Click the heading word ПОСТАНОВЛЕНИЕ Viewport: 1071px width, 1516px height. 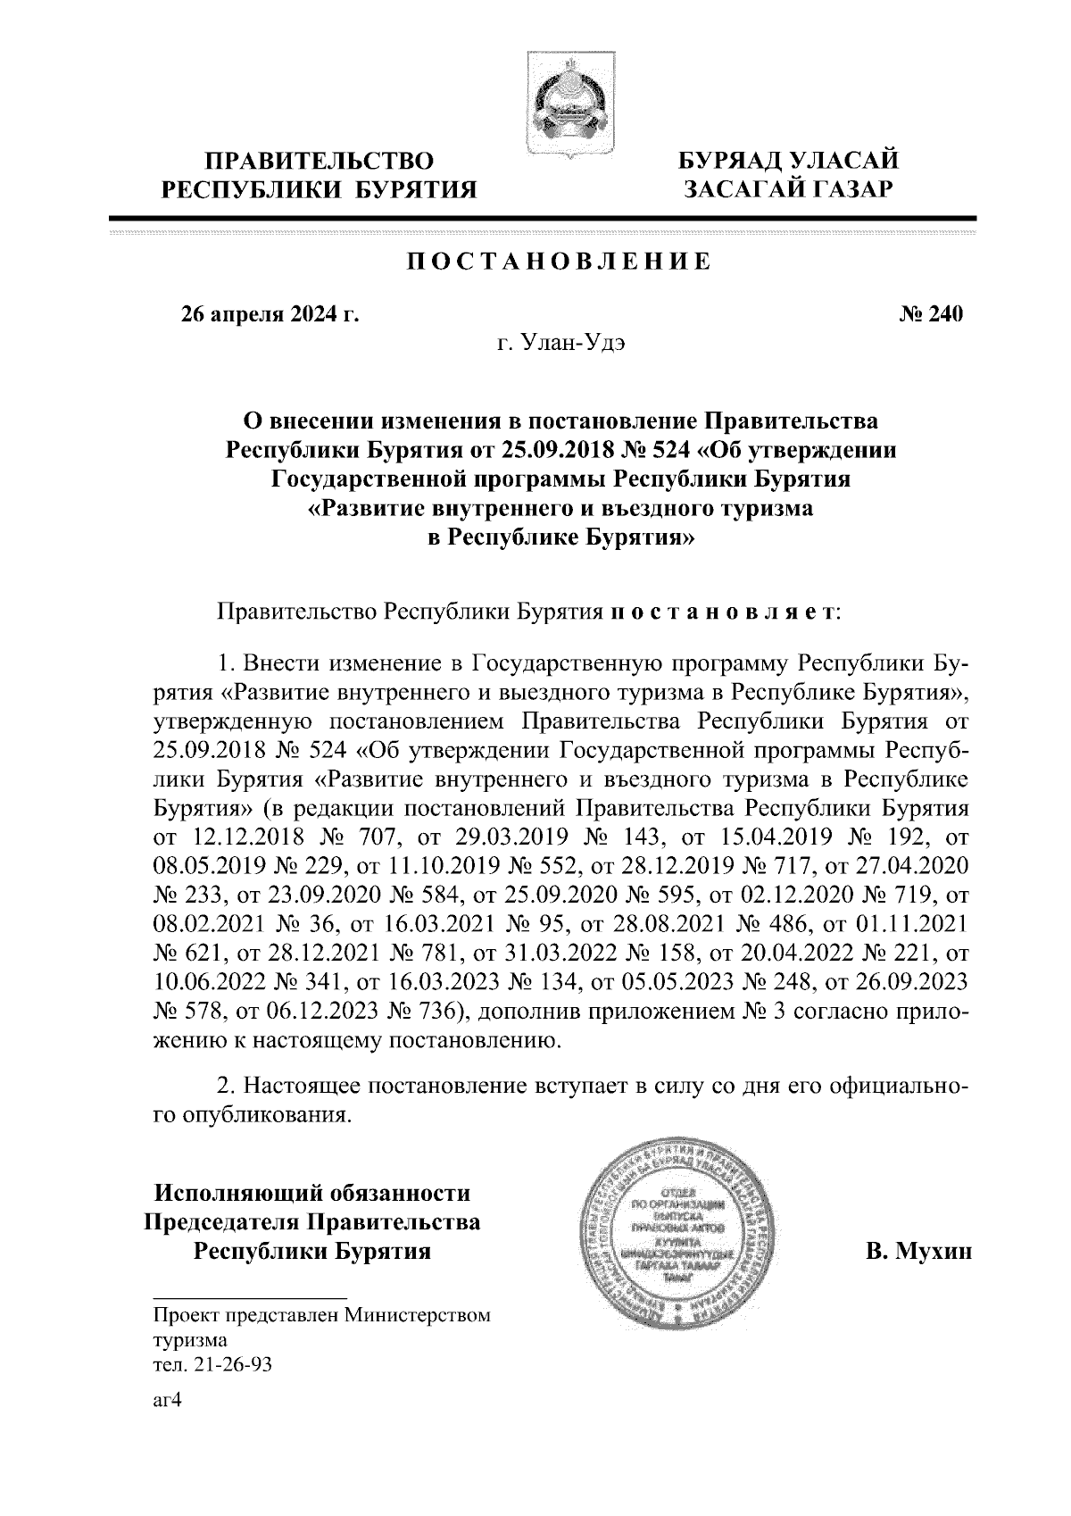click(x=559, y=262)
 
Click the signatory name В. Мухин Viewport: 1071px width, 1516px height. click(x=920, y=1251)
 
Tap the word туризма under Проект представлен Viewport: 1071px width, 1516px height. click(x=190, y=1340)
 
